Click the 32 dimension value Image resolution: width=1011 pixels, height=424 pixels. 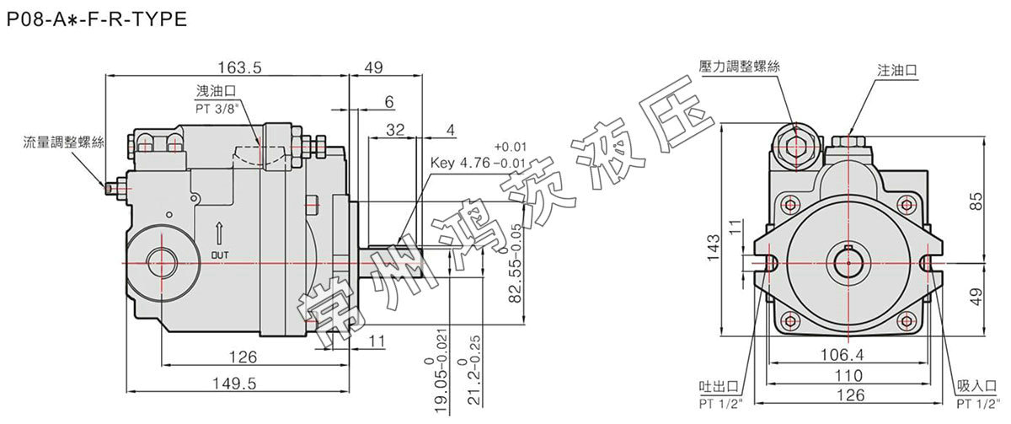tap(393, 130)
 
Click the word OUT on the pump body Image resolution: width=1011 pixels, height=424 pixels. tap(219, 253)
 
